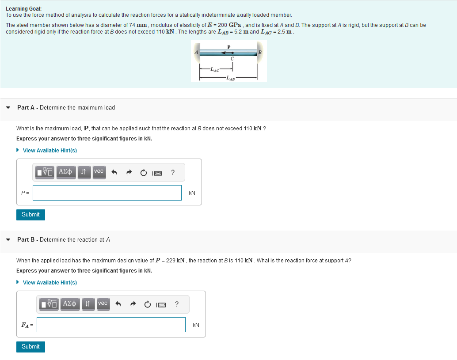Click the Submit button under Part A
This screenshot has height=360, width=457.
30,215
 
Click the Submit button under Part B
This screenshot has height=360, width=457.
30,347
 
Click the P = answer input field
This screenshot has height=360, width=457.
107,193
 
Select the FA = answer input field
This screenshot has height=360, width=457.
111,325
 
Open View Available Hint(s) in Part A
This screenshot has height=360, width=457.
50,151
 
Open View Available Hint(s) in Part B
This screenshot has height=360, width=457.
50,283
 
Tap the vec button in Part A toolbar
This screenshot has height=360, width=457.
99,171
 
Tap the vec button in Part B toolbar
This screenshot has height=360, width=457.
103,303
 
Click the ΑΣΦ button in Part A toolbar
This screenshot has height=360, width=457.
65,171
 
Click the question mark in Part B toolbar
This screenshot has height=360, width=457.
177,304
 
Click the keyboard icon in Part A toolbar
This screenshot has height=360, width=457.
157,172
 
